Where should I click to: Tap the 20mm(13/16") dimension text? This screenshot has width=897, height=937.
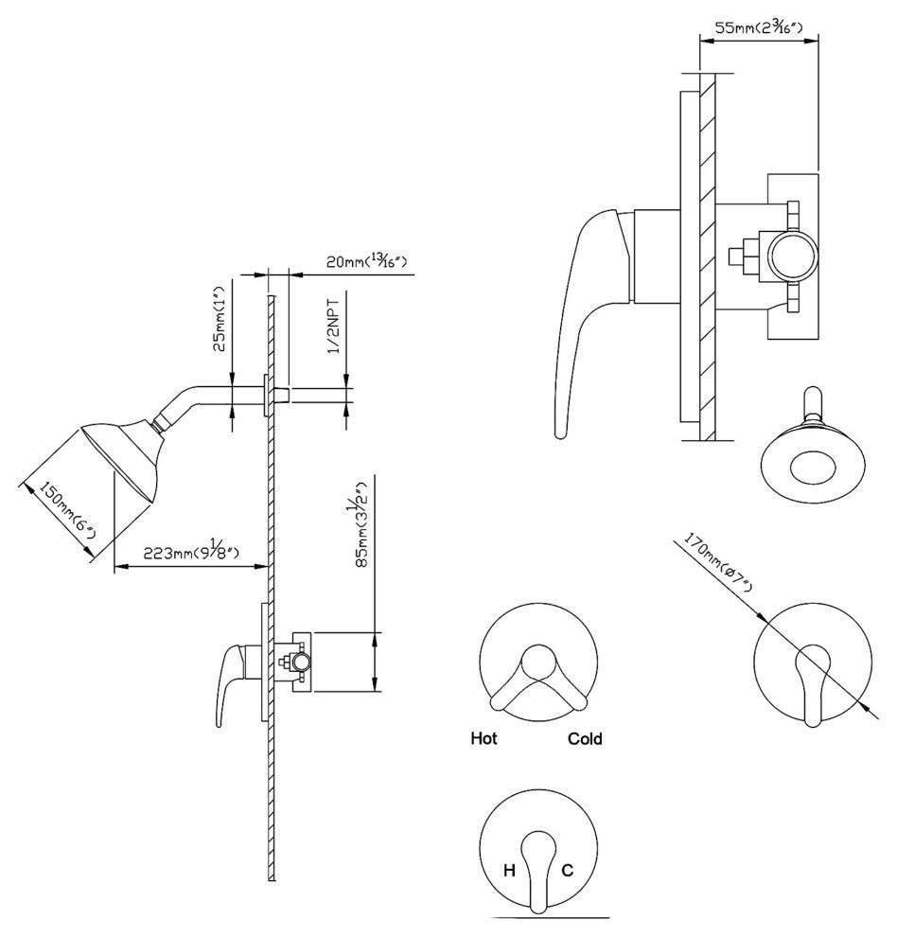[x=367, y=261]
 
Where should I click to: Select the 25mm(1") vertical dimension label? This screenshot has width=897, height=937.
[x=220, y=319]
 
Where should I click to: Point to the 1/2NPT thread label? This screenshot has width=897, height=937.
[x=334, y=327]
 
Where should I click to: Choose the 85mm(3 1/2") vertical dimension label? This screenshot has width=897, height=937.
[x=362, y=524]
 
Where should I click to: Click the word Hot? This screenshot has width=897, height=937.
[x=484, y=738]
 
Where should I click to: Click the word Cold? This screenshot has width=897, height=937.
[x=585, y=739]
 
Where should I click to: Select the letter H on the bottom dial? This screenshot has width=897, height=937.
[x=509, y=871]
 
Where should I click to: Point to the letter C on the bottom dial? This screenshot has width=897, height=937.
[x=567, y=871]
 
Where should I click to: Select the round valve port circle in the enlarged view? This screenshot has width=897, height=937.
[x=793, y=256]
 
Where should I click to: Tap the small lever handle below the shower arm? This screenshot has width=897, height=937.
[x=231, y=681]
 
